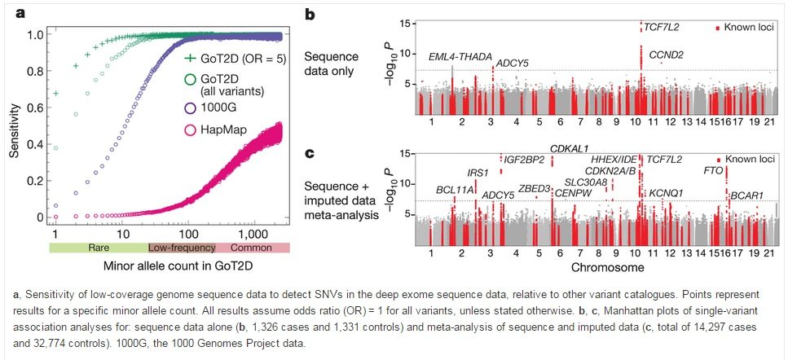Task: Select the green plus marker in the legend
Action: coord(190,58)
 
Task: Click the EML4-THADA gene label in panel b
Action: coord(460,56)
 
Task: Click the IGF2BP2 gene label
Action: coord(525,159)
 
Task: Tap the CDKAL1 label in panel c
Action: coord(571,149)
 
